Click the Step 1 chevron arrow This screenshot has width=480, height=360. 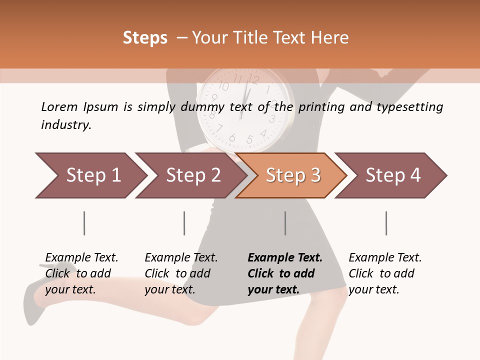point(90,175)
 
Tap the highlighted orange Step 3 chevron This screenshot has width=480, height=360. point(291,175)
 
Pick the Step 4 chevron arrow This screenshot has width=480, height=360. point(391,175)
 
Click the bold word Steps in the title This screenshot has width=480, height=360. point(145,38)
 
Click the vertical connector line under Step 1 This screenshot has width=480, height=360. point(84,223)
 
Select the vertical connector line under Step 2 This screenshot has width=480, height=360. point(184,223)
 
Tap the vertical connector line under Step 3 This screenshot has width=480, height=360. point(285,223)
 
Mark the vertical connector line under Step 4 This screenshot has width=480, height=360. point(386,223)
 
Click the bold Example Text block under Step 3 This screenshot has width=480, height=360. point(285,273)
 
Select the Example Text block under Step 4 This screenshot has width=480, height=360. point(385,273)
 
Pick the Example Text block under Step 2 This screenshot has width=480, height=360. point(181,273)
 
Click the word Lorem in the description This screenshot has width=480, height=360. point(59,107)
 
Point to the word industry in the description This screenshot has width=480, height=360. point(65,125)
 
